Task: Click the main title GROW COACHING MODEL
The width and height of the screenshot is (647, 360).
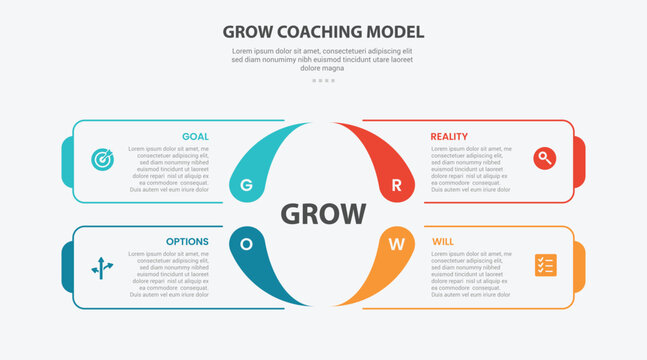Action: (x=323, y=31)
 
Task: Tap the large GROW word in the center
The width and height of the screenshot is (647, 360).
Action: (x=323, y=214)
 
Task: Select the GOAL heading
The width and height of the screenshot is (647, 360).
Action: (x=195, y=136)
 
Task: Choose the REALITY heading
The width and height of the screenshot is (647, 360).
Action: (x=449, y=136)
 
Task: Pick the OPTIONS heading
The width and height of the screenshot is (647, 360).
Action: (x=188, y=241)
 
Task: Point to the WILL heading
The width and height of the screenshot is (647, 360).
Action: (x=443, y=241)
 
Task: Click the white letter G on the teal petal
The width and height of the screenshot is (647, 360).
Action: (x=246, y=185)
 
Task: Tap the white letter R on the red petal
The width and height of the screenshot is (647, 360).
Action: (x=396, y=185)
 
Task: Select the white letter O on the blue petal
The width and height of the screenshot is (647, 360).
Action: (x=246, y=243)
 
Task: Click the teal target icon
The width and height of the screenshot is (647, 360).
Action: (x=102, y=159)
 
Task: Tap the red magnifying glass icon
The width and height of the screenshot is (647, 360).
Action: (x=545, y=157)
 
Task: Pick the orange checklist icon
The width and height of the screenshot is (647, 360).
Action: (x=545, y=265)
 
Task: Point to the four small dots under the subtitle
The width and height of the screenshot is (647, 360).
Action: (x=323, y=80)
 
